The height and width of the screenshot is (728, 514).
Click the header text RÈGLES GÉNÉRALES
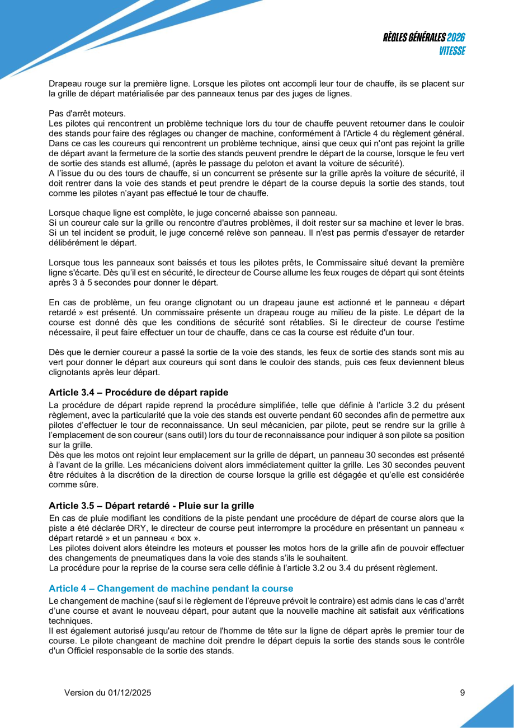(414, 38)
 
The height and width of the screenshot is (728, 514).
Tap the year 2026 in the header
(456, 38)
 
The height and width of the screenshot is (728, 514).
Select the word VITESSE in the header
(451, 51)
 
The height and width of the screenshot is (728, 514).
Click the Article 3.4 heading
(139, 391)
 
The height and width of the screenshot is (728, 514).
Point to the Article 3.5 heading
(151, 506)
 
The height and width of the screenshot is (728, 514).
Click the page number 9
(462, 693)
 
